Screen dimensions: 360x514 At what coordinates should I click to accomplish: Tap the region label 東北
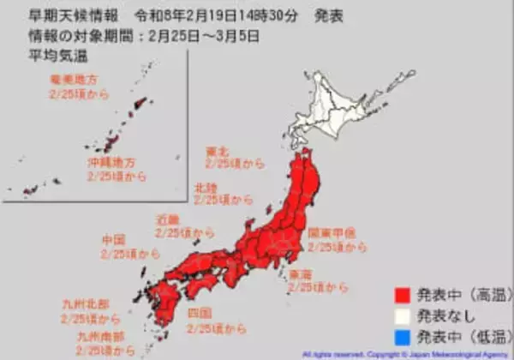(x=218, y=149)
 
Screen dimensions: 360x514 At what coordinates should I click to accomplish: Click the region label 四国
(x=199, y=313)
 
